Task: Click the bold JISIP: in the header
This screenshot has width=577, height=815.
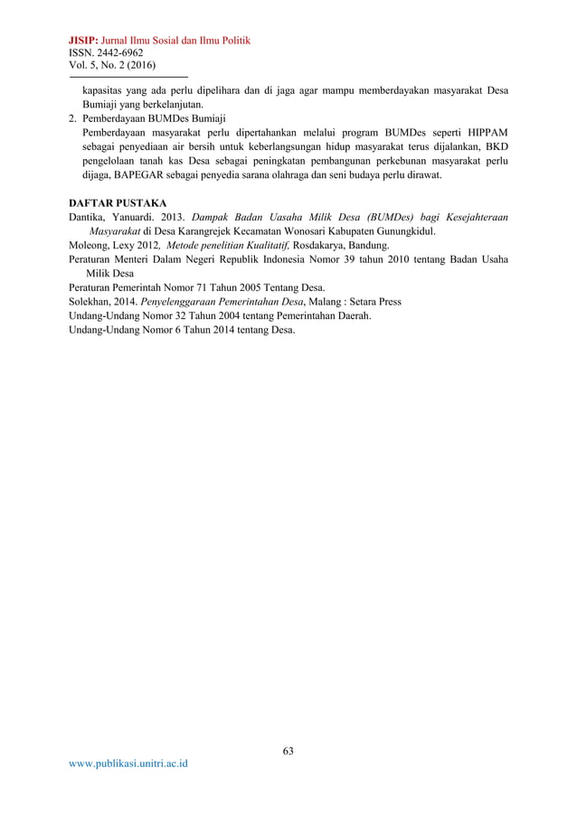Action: (84, 41)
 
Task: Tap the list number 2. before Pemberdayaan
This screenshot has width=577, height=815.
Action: (72, 118)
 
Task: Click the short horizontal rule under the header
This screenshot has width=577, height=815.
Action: (128, 77)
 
